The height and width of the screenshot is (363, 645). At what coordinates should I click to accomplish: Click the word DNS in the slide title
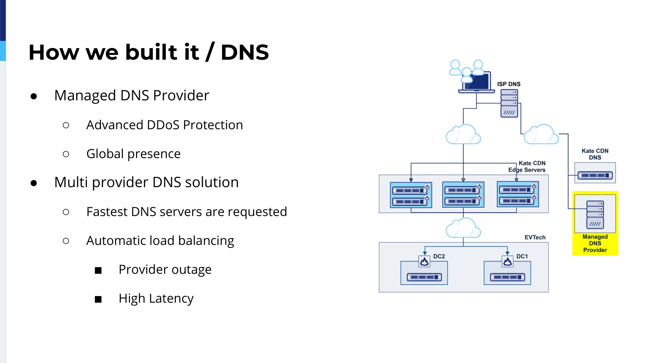point(245,52)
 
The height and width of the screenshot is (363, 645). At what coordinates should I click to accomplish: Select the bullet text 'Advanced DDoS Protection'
point(164,125)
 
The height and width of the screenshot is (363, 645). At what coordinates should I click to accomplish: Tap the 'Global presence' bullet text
point(134,154)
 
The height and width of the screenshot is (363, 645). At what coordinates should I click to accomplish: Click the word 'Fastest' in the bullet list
point(107,212)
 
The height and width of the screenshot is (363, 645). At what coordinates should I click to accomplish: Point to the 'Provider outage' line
point(165,269)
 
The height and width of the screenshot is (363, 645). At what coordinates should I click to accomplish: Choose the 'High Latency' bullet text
point(156,298)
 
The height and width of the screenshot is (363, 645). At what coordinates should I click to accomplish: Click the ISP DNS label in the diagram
point(509,84)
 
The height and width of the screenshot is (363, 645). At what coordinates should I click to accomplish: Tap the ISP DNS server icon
point(509,103)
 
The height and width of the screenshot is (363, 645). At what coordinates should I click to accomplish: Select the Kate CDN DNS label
point(595,154)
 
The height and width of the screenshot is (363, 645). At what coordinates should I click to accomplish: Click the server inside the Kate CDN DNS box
point(595,175)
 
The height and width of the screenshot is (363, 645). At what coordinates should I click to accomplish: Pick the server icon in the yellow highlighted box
point(595,215)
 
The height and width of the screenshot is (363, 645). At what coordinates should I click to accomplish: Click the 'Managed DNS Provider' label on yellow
point(595,243)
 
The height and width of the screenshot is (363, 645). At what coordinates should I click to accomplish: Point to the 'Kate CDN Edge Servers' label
point(527,166)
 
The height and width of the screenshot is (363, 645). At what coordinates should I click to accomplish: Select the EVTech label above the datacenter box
point(535,237)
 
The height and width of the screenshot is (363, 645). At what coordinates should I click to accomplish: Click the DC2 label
point(439,257)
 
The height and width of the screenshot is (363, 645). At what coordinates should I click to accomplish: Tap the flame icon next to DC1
point(507,261)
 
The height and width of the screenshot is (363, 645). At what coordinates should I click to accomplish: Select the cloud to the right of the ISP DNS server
point(541,134)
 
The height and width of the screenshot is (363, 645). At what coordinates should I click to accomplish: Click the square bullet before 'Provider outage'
point(98,270)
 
